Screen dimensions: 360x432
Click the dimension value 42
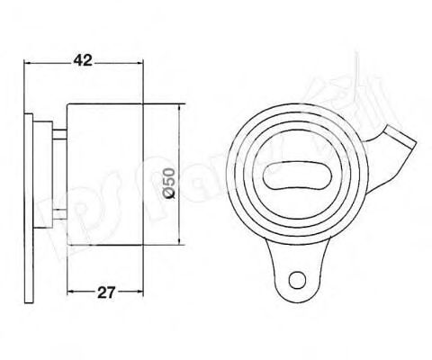click(x=83, y=61)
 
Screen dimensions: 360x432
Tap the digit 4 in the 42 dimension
click(x=77, y=61)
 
